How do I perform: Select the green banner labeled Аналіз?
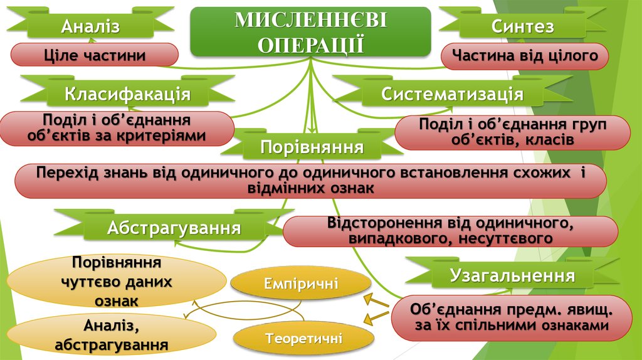coord(90,26)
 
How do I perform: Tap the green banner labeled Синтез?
coord(522,26)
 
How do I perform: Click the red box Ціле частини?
coord(95,55)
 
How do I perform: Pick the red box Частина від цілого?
coord(525,56)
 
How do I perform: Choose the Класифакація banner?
coord(127,95)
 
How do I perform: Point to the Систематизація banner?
coord(452,95)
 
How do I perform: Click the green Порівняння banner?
coord(312,148)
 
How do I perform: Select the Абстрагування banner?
coord(174,228)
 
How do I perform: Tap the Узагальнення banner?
coord(512,275)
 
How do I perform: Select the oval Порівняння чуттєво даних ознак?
coord(116,282)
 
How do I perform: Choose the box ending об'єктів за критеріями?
coord(117,128)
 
